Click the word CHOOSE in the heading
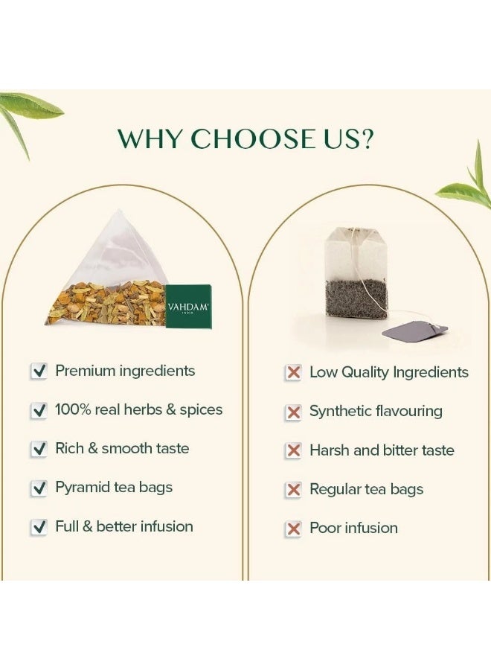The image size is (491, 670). point(252,138)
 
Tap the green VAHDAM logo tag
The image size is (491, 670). point(188,307)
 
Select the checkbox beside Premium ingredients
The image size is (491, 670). point(39,371)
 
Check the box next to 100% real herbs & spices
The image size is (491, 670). point(39,410)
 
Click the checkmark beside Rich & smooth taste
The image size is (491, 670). point(39,449)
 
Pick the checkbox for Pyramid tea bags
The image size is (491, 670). point(39,488)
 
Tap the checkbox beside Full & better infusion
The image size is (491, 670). point(39,526)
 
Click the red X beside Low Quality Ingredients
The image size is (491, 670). point(293,372)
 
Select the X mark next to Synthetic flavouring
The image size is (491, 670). point(293,412)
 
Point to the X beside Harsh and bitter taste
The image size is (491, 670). point(293,450)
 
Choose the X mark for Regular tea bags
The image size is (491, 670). point(293,489)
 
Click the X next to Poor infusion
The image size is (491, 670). point(293,529)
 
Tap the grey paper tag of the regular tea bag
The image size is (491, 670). point(414,331)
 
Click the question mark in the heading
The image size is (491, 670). point(365,138)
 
